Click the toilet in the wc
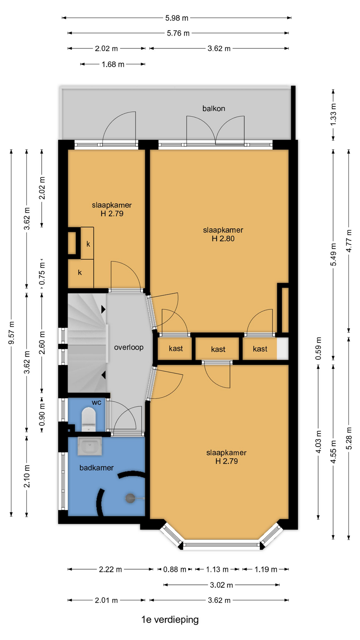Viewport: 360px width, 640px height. [x=89, y=419]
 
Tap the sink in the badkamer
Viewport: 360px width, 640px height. [x=90, y=446]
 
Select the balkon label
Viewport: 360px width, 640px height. [x=214, y=108]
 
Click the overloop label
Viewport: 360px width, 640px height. [x=129, y=347]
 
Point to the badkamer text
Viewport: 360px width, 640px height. [x=96, y=468]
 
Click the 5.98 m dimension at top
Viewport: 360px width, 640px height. [x=177, y=18]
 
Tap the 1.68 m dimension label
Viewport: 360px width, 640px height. [x=113, y=64]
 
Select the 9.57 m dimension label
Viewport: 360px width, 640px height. [x=11, y=333]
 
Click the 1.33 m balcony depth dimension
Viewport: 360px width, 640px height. [x=333, y=114]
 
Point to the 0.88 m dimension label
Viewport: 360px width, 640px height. [x=174, y=569]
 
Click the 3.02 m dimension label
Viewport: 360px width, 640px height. [x=221, y=585]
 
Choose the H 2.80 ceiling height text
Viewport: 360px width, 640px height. [x=223, y=239]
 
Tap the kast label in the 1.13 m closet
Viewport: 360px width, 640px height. [x=218, y=349]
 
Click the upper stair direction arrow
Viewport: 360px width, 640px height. [x=103, y=309]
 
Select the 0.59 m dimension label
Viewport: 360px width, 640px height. [x=318, y=348]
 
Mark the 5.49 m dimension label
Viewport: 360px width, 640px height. [x=333, y=254]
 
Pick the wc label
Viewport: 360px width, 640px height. [x=96, y=402]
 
